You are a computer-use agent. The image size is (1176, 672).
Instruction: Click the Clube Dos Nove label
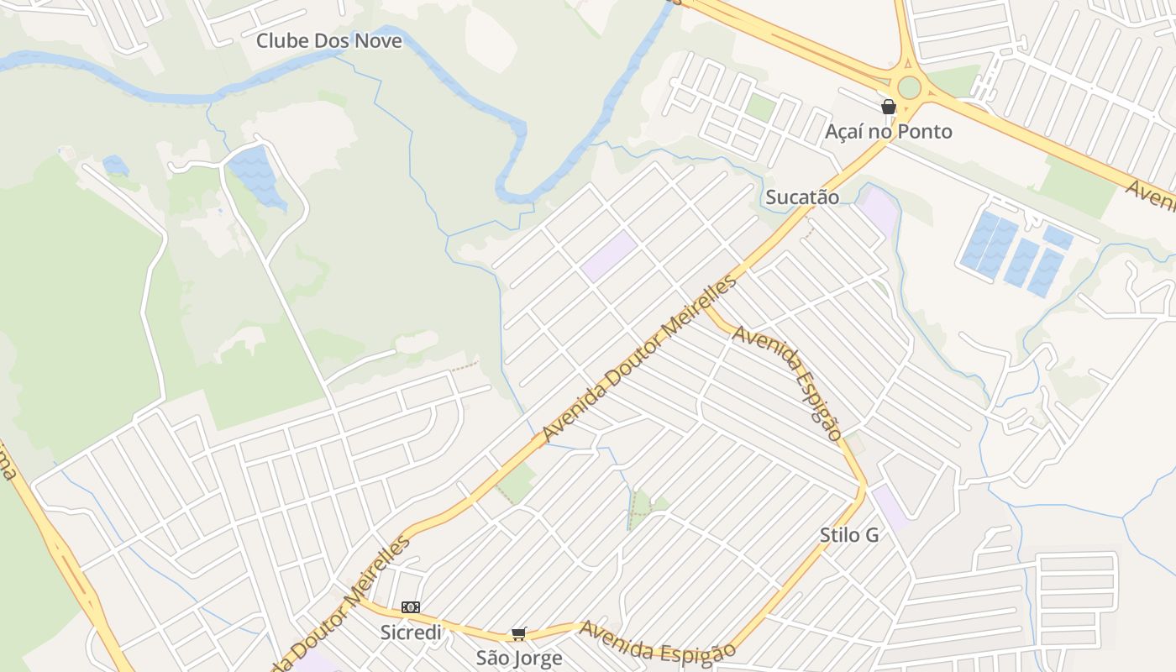[328, 40]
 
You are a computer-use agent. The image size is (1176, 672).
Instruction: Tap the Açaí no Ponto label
[889, 131]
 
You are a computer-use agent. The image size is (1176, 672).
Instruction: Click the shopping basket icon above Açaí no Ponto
[889, 107]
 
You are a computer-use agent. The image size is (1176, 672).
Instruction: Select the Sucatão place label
[802, 197]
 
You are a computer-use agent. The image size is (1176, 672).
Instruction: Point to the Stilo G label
[849, 535]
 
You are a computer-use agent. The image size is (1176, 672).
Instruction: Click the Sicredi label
[411, 632]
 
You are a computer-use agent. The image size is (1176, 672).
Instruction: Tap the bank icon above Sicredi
[410, 606]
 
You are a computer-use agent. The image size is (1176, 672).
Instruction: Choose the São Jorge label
[519, 657]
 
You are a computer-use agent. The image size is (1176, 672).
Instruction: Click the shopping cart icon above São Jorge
[519, 633]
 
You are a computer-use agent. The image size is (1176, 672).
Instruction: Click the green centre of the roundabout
[909, 87]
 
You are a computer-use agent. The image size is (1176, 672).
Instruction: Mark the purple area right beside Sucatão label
[880, 211]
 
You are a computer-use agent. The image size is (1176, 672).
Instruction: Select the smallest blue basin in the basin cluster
[1058, 237]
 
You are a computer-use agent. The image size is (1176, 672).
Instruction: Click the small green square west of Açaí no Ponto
[760, 107]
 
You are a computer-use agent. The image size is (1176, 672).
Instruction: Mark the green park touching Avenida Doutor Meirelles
[517, 483]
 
